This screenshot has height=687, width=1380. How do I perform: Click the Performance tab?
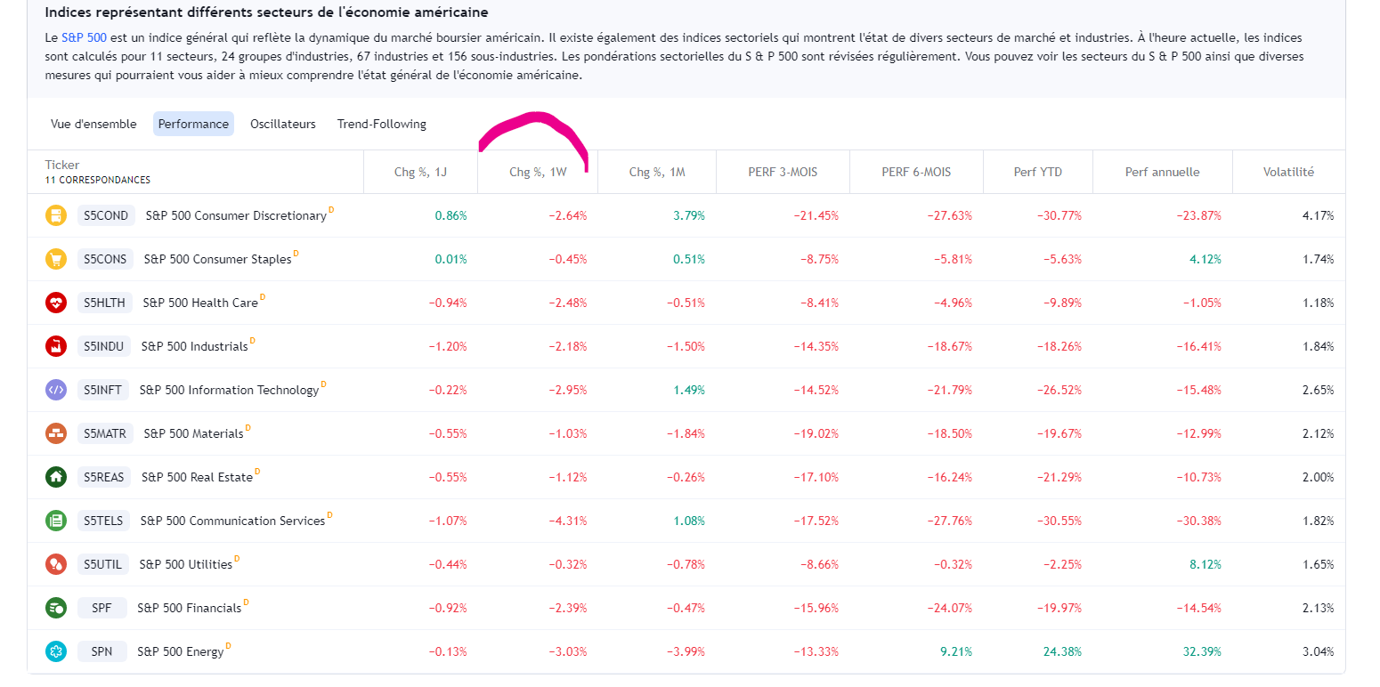(x=193, y=124)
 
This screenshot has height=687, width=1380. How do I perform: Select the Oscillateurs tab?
(x=282, y=124)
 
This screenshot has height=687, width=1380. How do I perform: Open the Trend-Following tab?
(x=381, y=124)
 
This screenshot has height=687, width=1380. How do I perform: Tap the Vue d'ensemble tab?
(x=93, y=124)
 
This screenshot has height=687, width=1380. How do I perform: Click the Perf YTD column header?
(x=1037, y=172)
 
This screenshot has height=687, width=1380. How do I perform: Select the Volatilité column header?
(x=1288, y=172)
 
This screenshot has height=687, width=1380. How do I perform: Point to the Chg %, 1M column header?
(x=656, y=172)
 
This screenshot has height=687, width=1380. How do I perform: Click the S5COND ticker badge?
(x=106, y=215)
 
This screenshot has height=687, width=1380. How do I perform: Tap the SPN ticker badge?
(x=101, y=651)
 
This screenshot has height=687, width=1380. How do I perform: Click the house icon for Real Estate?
(x=56, y=477)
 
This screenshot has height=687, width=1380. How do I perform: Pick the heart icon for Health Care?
(x=56, y=303)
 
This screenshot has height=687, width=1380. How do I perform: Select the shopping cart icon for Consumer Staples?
(x=56, y=259)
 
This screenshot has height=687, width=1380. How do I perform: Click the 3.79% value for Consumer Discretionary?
(x=688, y=215)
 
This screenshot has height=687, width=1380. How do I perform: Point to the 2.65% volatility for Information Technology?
(x=1317, y=390)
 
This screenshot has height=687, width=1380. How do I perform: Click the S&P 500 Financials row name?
(x=189, y=608)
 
